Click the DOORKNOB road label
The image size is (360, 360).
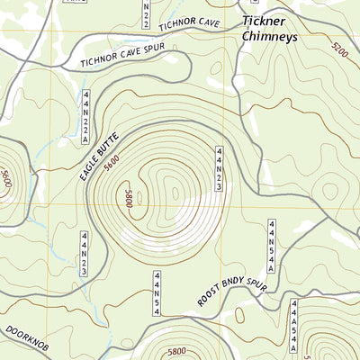(20, 337)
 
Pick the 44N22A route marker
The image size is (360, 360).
(86, 117)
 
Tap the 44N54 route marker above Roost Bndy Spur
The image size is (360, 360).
(156, 293)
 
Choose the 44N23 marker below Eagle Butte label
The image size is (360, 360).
(84, 253)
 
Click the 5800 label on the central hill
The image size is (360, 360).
(128, 199)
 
